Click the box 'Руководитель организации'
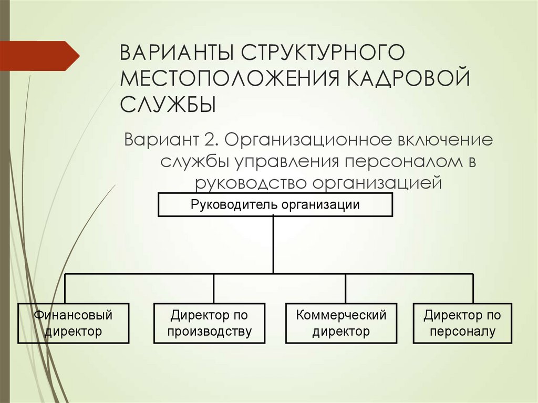point(275,205)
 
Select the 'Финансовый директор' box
point(73,323)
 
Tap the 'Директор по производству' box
point(209,323)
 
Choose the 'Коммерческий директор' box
point(341,323)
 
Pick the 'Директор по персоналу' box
point(462,323)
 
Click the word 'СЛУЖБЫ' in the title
point(169,104)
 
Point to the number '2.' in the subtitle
point(213,141)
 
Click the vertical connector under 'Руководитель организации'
point(273,245)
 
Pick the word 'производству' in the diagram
point(209,332)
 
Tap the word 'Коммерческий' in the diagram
point(341,315)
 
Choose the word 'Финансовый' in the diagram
point(73,315)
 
